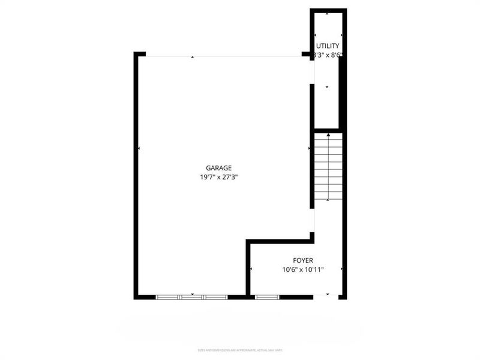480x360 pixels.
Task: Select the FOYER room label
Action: pos(303,260)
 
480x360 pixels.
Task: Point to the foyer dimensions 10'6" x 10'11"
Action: pos(304,269)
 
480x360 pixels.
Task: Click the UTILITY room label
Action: pos(328,46)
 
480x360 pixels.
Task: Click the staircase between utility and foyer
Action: pos(328,168)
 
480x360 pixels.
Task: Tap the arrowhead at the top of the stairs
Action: pos(328,136)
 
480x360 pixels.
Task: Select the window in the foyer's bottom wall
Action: pos(266,296)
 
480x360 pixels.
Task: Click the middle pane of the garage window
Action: pos(192,296)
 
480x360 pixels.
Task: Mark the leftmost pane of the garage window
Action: pos(169,296)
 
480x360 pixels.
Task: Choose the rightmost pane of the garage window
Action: pos(215,296)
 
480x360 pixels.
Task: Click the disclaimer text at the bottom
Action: pos(240,350)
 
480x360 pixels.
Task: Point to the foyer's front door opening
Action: pos(328,296)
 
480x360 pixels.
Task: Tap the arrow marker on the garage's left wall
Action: pos(139,148)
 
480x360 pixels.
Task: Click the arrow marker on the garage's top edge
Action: pos(192,57)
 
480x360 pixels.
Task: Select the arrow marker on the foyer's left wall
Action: pos(251,269)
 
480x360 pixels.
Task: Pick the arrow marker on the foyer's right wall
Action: pos(341,269)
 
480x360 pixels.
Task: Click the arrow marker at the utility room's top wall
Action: pos(327,13)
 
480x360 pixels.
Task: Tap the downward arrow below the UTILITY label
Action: pos(327,88)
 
